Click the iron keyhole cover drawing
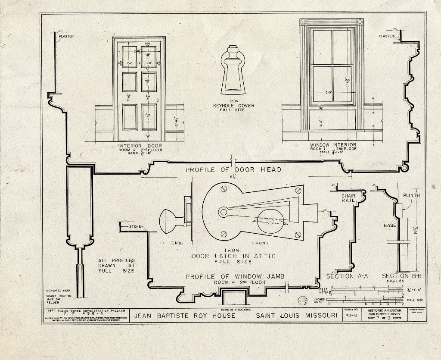click(x=233, y=71)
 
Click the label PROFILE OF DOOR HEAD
click(x=233, y=169)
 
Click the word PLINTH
click(x=411, y=195)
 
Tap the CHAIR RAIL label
click(x=348, y=198)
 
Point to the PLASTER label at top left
click(x=66, y=36)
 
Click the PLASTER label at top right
click(x=386, y=36)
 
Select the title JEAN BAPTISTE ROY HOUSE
click(x=184, y=316)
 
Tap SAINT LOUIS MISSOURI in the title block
click(x=296, y=316)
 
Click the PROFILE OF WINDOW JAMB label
click(x=235, y=276)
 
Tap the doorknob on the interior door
click(x=158, y=100)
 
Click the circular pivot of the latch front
click(x=223, y=212)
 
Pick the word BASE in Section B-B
click(x=390, y=225)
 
